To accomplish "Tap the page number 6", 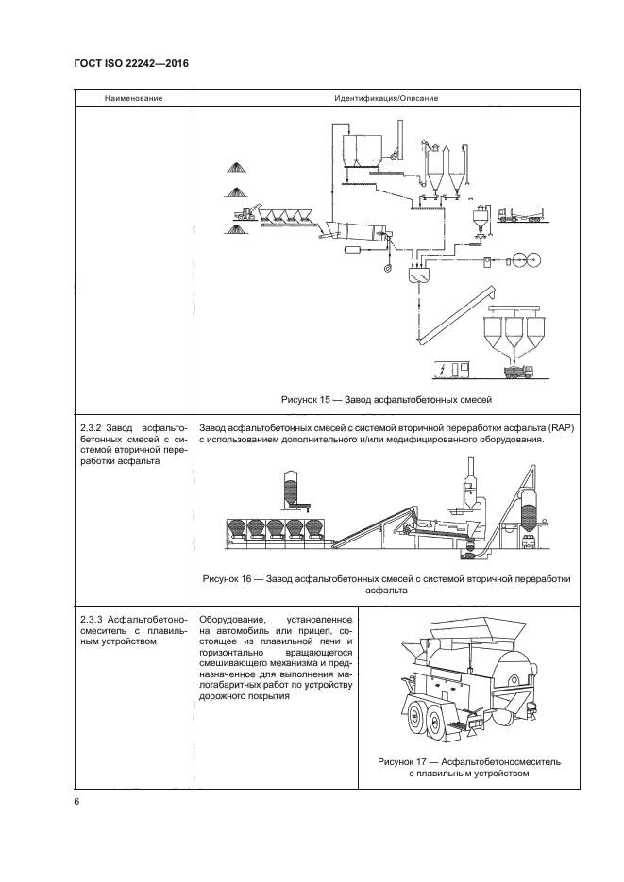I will click(x=76, y=801).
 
